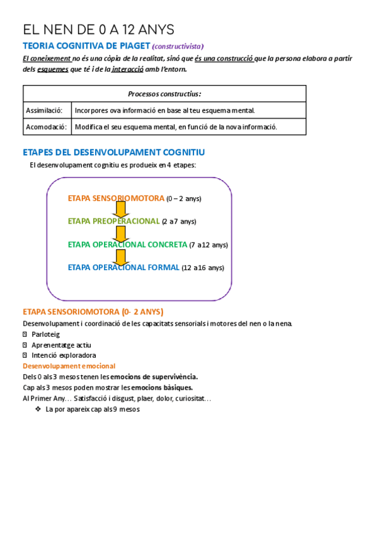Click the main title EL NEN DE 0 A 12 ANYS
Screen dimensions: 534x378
click(x=99, y=30)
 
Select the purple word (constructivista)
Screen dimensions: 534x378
click(x=178, y=46)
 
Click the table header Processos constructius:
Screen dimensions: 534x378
click(x=164, y=94)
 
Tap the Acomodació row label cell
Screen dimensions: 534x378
click(x=47, y=127)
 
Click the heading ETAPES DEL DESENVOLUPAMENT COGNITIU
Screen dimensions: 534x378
click(x=113, y=152)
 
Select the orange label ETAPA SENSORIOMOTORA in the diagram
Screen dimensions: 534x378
click(x=116, y=198)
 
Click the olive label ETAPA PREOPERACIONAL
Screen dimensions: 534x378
click(x=113, y=222)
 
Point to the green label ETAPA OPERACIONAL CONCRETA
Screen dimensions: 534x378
click(x=127, y=244)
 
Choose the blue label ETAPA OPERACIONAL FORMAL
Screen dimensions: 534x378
click(x=123, y=267)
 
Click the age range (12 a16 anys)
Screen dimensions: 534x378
click(x=203, y=268)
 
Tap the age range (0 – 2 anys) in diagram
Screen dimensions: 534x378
click(x=184, y=199)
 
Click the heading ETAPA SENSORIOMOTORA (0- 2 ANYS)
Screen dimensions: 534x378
click(x=93, y=312)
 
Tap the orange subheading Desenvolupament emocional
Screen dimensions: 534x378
click(x=69, y=366)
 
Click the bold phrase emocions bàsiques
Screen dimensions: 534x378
click(x=161, y=387)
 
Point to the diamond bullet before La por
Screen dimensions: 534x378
click(x=38, y=409)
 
